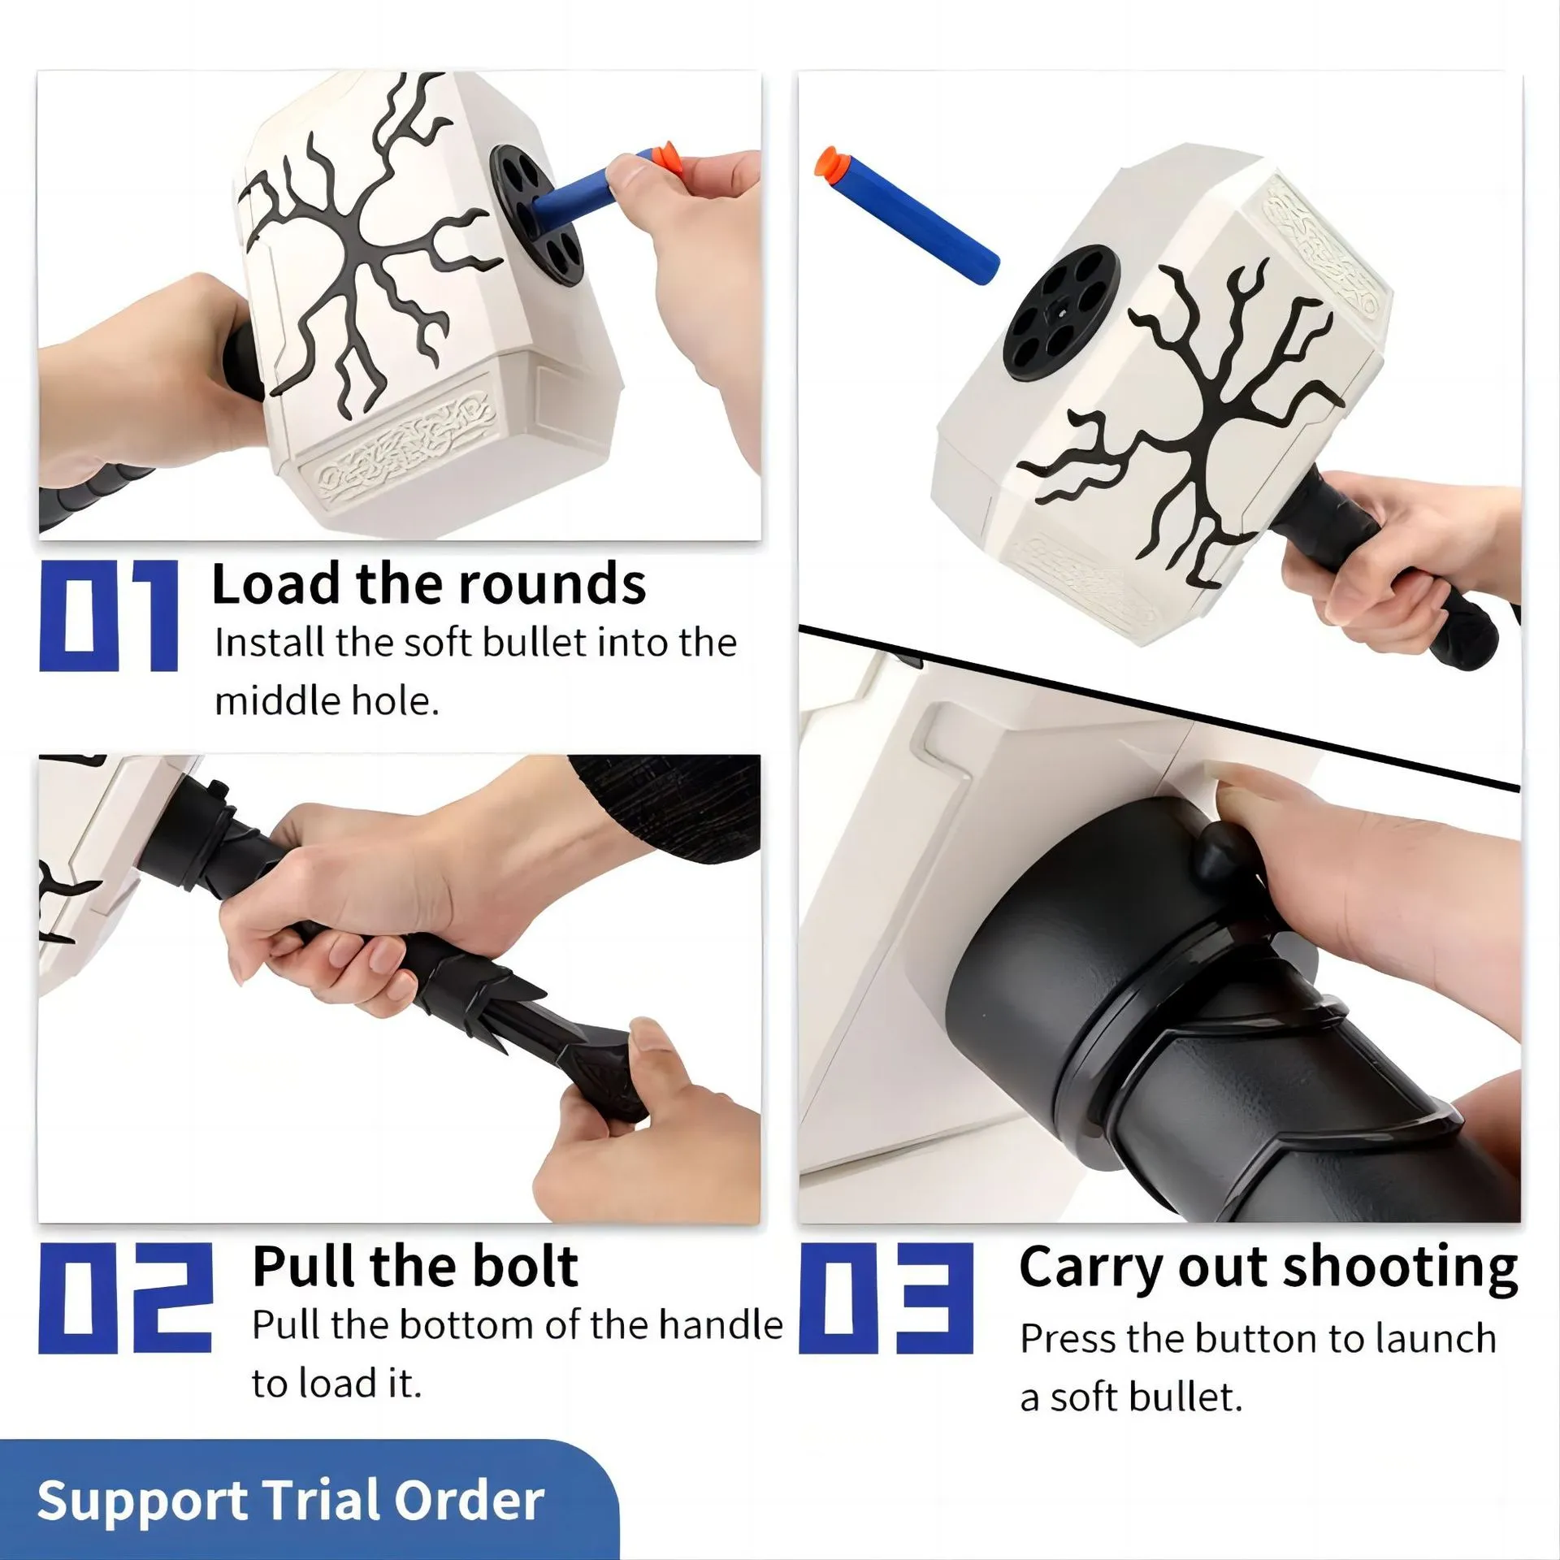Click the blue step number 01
click(x=109, y=617)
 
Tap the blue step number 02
click(x=126, y=1298)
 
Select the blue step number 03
click(x=886, y=1298)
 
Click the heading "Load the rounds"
click(x=428, y=584)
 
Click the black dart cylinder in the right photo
click(x=1062, y=301)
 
